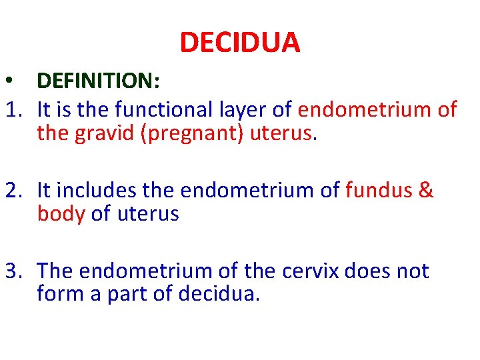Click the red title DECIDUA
tap(240, 43)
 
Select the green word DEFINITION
tap(95, 81)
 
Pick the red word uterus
tap(281, 133)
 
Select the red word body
tap(61, 214)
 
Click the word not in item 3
tap(412, 271)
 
